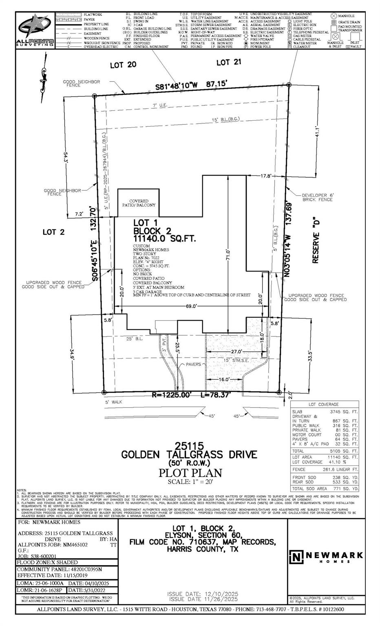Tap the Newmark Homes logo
(326, 556)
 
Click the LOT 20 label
(123, 64)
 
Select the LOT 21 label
(229, 62)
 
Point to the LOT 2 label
(53, 232)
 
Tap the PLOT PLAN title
(190, 473)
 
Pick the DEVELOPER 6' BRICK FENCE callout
(318, 197)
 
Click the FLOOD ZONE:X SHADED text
(47, 562)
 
